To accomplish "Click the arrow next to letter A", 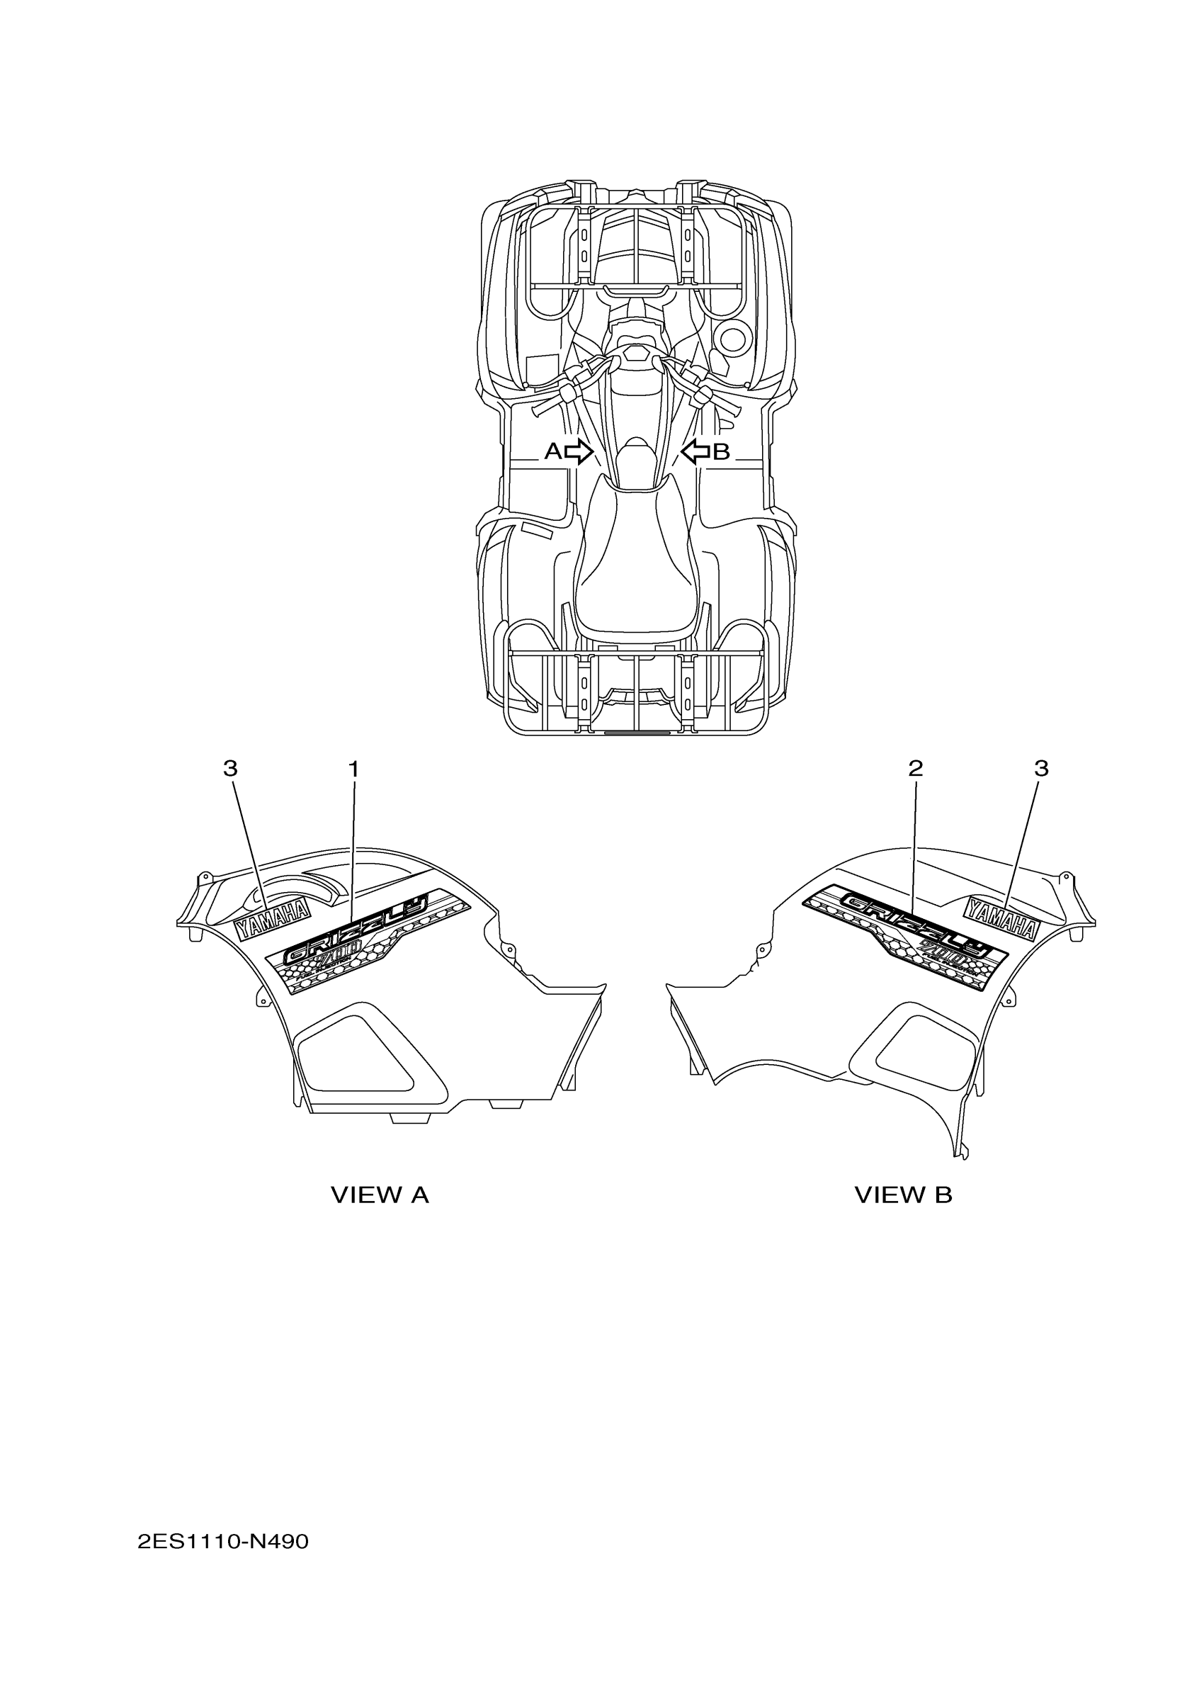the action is coord(579,451).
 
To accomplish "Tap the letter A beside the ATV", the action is coord(552,451).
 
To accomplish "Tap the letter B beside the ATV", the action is coord(721,451).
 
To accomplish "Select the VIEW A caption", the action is coord(379,1195).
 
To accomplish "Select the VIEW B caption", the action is coord(903,1195).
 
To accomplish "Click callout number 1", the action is coord(354,769).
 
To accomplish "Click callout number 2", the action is coord(916,768).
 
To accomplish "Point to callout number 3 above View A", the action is coord(230,769).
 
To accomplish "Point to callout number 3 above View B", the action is coord(1042,769).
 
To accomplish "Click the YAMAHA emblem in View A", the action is coord(271,920).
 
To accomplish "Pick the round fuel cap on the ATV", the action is coord(733,339).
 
